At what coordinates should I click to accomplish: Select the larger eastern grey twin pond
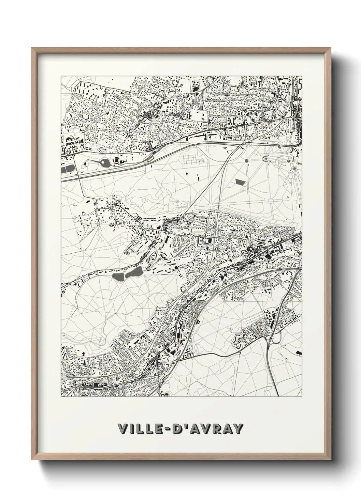[134, 272]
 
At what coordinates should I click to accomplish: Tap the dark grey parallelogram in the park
[241, 181]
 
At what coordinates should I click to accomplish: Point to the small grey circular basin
[246, 160]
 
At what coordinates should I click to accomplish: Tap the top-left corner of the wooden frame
[32, 48]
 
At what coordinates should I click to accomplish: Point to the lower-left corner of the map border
[61, 397]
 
